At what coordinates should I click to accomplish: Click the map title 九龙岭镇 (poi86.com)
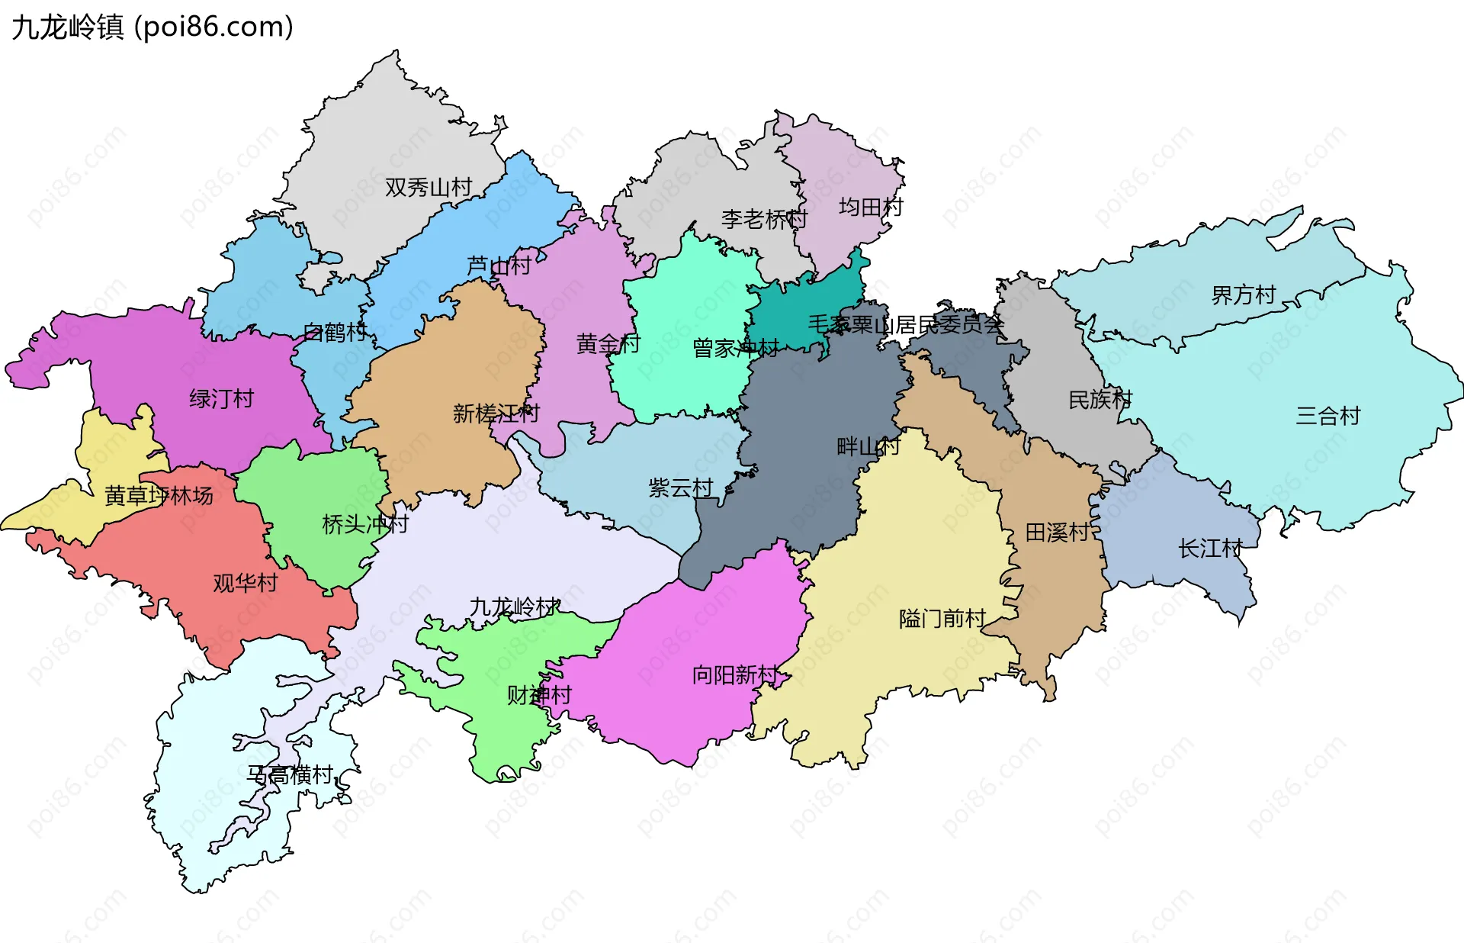(152, 27)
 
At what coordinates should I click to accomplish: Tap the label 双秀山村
(429, 187)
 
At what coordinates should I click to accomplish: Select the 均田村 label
(871, 207)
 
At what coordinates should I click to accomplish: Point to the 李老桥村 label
(764, 220)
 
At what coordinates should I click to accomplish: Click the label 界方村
(1244, 294)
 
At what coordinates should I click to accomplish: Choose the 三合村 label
(1328, 416)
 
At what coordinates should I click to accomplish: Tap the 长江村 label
(1210, 548)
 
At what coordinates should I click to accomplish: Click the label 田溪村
(1057, 532)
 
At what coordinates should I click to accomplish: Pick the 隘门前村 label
(942, 618)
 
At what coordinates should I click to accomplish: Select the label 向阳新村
(735, 674)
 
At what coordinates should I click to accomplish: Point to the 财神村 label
(539, 695)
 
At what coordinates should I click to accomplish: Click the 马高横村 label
(291, 774)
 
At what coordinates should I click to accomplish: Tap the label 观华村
(246, 583)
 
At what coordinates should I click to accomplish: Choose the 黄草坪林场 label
(159, 496)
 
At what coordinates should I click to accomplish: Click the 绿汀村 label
(221, 398)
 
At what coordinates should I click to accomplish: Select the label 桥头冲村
(365, 524)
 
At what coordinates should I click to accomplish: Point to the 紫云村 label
(681, 488)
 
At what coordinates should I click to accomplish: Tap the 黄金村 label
(608, 344)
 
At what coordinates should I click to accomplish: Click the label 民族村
(1100, 399)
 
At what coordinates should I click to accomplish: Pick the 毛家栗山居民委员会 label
(906, 325)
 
